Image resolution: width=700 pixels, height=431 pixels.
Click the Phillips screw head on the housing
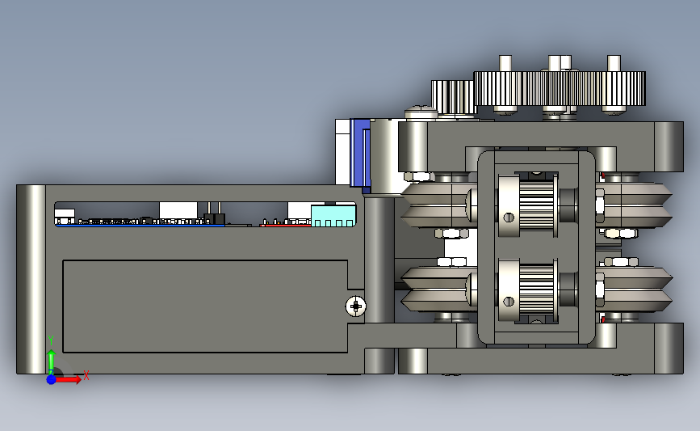pyautogui.click(x=356, y=306)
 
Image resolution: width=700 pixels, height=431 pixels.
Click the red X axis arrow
pyautogui.click(x=69, y=379)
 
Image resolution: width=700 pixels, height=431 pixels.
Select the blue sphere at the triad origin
pyautogui.click(x=51, y=379)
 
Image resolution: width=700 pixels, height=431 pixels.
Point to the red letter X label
pyautogui.click(x=86, y=375)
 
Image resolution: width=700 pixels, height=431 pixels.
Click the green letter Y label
pyautogui.click(x=51, y=340)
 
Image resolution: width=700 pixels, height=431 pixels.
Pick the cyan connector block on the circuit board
pyautogui.click(x=333, y=216)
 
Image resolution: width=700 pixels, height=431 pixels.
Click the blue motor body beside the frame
pyautogui.click(x=360, y=154)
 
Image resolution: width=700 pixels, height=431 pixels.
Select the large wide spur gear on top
pyautogui.click(x=560, y=88)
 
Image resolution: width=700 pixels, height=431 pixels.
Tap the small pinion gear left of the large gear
pyautogui.click(x=452, y=96)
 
